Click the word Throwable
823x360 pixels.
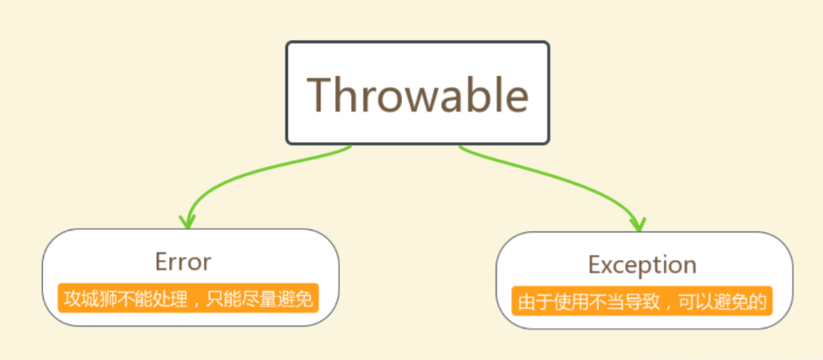coord(418,95)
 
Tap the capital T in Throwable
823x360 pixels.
coord(320,95)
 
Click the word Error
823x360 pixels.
coord(183,261)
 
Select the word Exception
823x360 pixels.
coord(642,265)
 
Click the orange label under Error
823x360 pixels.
coord(188,298)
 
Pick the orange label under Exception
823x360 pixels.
coord(642,300)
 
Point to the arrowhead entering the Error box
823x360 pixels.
coord(187,222)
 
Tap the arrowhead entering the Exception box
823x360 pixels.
coord(638,224)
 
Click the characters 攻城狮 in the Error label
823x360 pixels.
coord(89,299)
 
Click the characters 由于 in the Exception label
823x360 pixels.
coord(534,301)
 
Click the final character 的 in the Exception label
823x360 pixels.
coord(758,301)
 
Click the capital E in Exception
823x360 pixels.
coord(594,265)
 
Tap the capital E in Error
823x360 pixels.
coord(162,261)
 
